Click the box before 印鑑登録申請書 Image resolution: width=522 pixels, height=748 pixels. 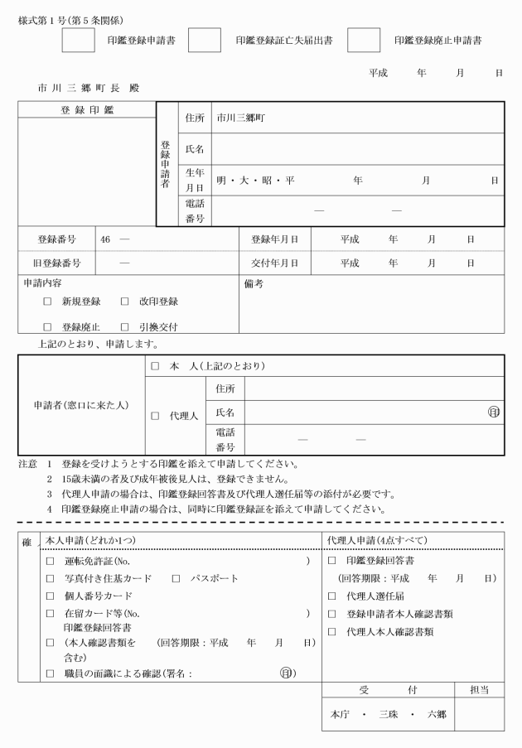tap(79, 40)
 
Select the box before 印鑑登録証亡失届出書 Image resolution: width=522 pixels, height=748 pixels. tap(205, 40)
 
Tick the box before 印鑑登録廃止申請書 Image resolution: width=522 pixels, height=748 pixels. tap(363, 40)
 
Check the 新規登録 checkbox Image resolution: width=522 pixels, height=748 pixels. tap(48, 302)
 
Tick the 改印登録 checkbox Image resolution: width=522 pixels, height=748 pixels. tap(125, 302)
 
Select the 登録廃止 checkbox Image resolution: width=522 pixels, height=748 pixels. tap(48, 327)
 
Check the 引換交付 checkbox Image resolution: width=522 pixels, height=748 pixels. tap(125, 327)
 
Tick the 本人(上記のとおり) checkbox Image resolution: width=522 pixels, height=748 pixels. tap(155, 366)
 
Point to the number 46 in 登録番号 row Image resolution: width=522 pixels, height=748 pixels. tap(105, 239)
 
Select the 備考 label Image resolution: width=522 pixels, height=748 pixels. tap(254, 283)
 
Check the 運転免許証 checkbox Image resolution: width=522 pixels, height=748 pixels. tap(50, 562)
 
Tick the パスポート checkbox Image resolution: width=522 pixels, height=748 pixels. tap(176, 578)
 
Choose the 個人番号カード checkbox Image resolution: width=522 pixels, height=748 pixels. tap(50, 596)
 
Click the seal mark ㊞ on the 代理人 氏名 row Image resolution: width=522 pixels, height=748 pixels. tap(494, 412)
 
